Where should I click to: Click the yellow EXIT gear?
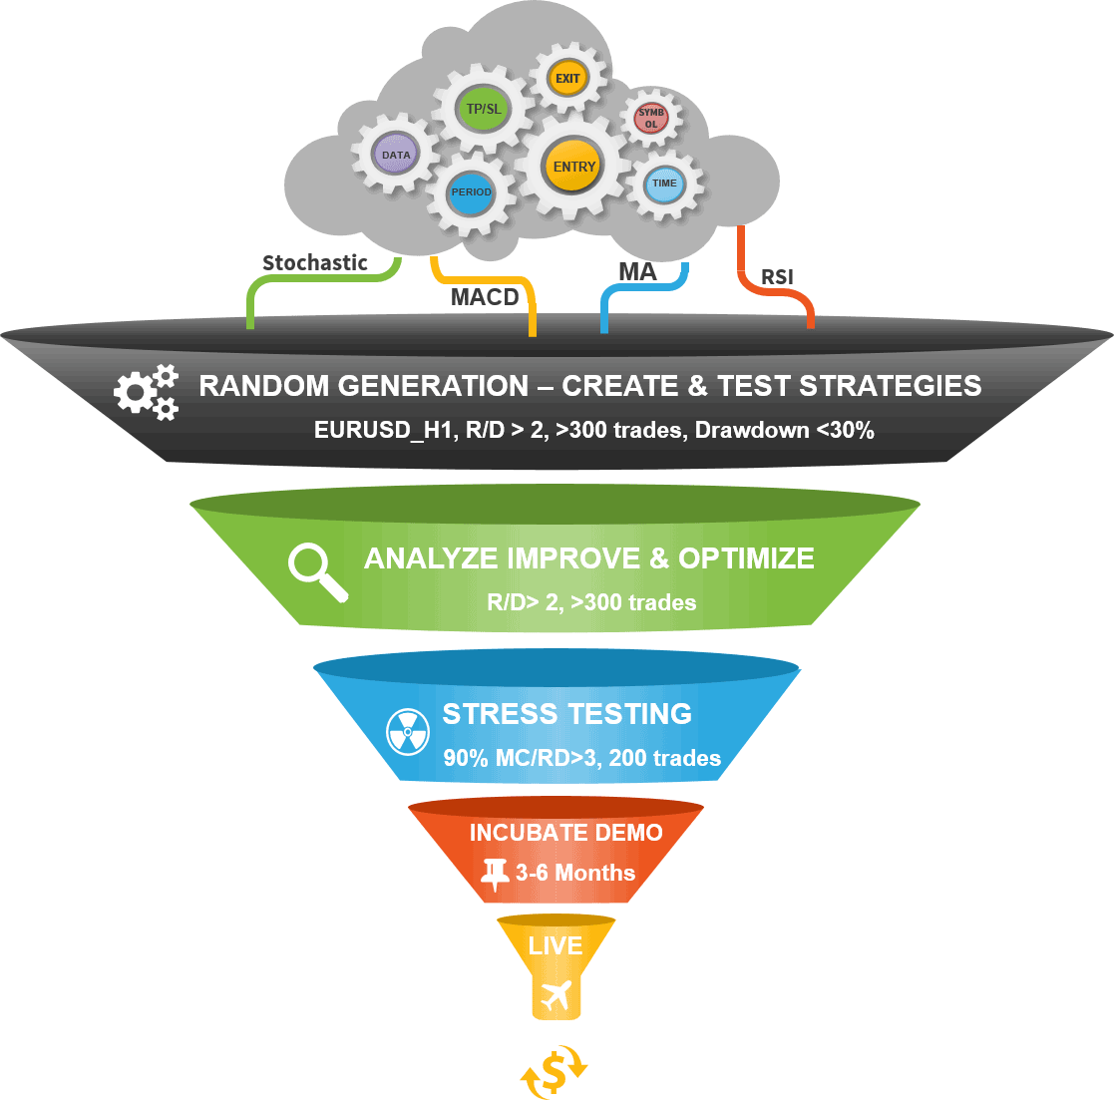(x=567, y=79)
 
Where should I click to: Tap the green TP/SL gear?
(x=484, y=108)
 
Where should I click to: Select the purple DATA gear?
(x=396, y=156)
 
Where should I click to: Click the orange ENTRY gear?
(x=573, y=167)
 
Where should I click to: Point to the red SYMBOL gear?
(x=650, y=119)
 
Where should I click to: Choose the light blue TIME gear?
(x=663, y=183)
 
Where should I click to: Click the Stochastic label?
(x=315, y=263)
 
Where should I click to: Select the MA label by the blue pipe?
(x=637, y=272)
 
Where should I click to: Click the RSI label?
(x=777, y=277)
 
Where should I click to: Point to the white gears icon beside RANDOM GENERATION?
(x=146, y=391)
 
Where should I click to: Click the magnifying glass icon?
(x=317, y=571)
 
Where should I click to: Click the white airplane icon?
(x=557, y=994)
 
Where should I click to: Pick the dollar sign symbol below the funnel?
(x=555, y=1071)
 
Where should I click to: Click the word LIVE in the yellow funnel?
(x=556, y=945)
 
